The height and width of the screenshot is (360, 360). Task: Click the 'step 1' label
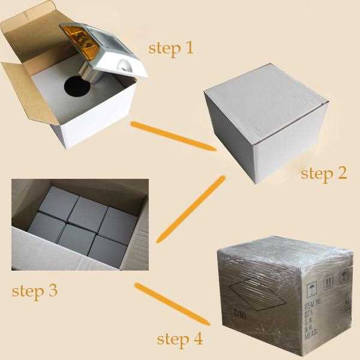click(x=171, y=47)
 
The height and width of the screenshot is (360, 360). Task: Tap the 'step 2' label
click(x=324, y=173)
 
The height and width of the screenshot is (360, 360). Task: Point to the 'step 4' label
click(x=179, y=338)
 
